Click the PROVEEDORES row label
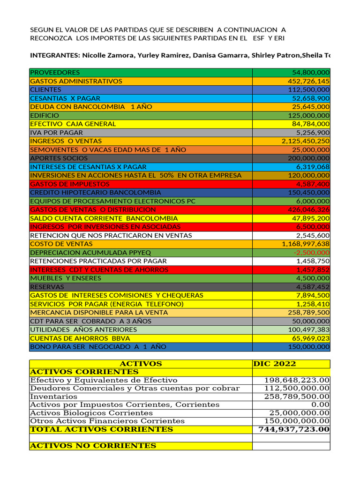[x=55, y=73]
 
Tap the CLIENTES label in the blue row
[x=45, y=90]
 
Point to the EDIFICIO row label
[x=45, y=115]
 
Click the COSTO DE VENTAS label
[x=61, y=244]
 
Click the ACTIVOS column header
[x=141, y=364]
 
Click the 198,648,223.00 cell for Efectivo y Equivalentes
[x=297, y=380]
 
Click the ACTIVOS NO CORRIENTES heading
[x=93, y=446]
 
